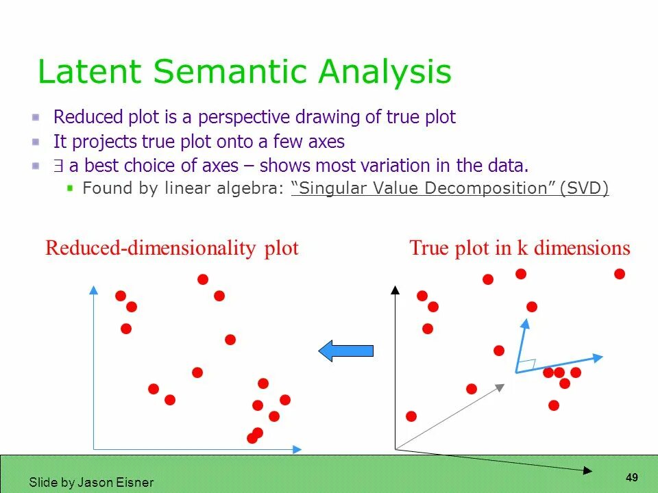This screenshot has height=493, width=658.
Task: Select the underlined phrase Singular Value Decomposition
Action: [423, 188]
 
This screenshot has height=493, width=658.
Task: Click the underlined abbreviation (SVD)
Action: [584, 188]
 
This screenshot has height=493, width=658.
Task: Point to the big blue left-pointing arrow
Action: [345, 351]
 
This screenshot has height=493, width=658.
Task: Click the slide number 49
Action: [632, 477]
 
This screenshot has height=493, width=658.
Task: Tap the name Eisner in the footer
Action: [136, 482]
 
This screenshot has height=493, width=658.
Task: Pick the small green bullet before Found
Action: [69, 188]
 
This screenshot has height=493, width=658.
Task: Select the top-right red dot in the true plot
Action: [620, 274]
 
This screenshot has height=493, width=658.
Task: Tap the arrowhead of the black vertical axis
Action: [395, 290]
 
